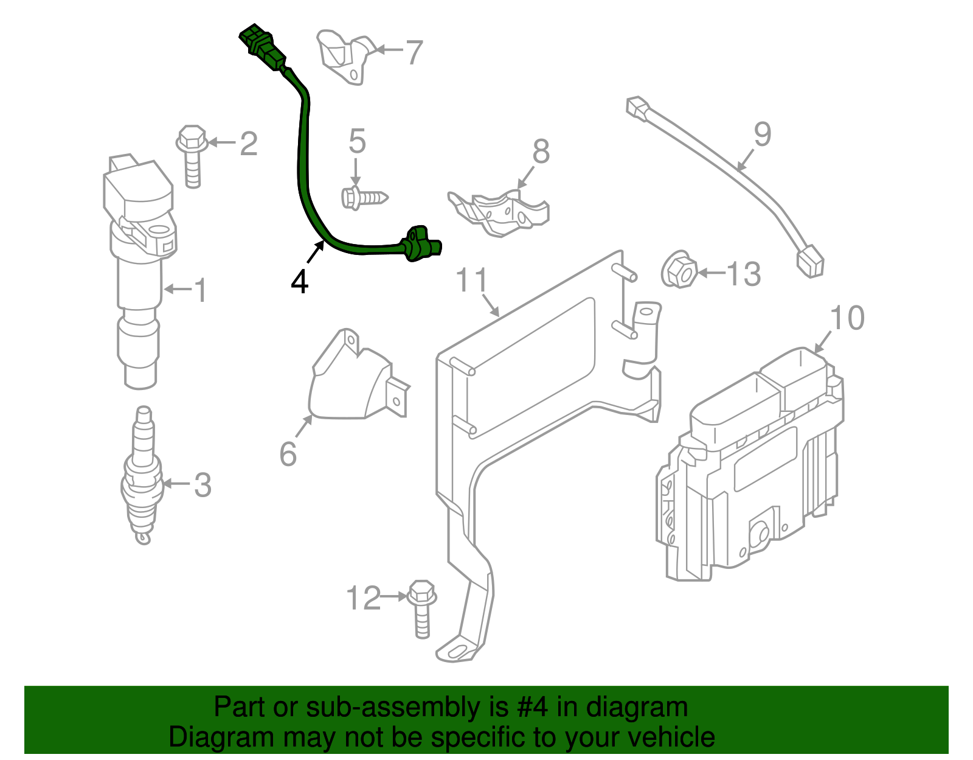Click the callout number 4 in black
tap(299, 282)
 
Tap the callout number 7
tap(414, 52)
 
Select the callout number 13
tap(743, 274)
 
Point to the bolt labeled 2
tap(192, 156)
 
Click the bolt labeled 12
tap(421, 608)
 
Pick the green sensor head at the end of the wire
tap(421, 243)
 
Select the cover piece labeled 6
tap(353, 382)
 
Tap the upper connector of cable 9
tap(637, 108)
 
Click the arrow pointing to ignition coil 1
tap(177, 289)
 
